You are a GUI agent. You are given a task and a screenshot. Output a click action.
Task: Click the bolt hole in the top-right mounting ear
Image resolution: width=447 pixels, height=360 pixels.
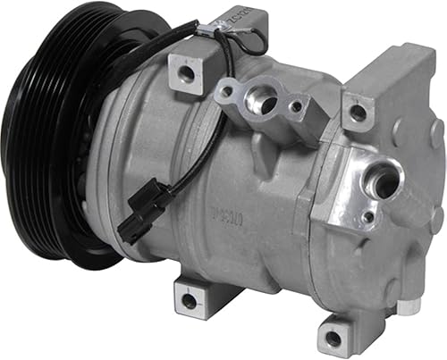(x=357, y=113)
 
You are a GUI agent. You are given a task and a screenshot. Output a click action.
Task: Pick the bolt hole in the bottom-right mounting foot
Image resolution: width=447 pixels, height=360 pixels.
(x=333, y=338)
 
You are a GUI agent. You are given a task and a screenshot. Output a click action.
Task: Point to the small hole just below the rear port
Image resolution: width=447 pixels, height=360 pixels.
(x=367, y=217)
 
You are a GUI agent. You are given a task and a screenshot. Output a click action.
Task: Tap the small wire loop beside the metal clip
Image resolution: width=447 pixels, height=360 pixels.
(x=254, y=40)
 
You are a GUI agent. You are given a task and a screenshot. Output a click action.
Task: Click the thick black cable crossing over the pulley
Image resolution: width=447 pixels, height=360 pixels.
(x=134, y=54)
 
